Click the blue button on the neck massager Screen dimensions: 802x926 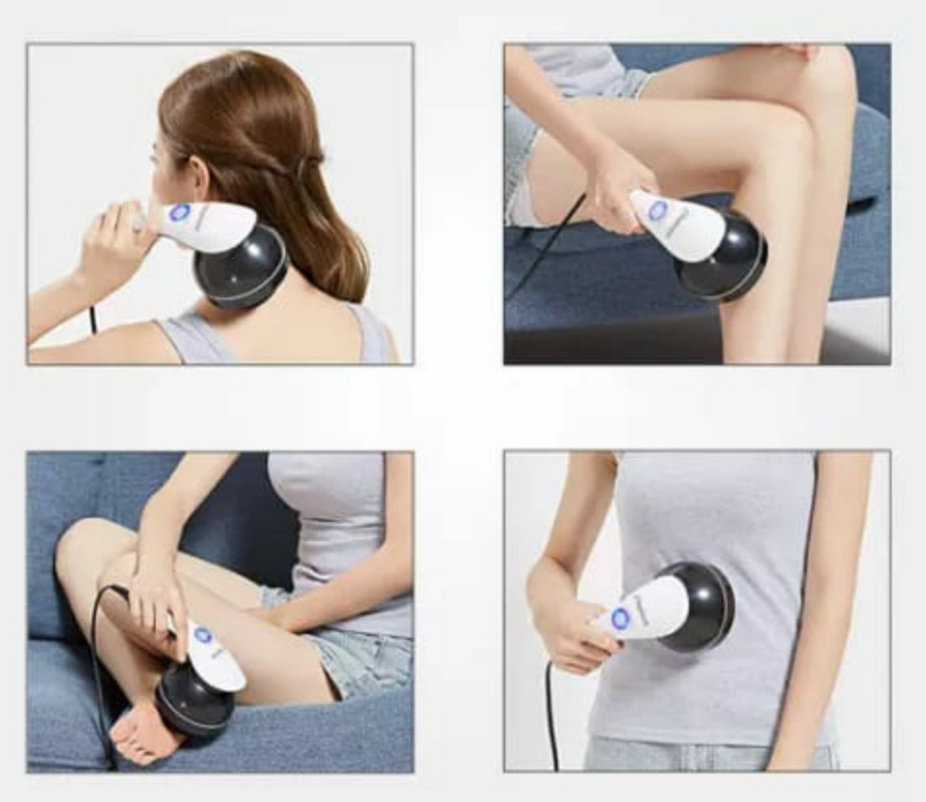coord(179,213)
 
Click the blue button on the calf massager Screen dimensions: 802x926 coord(658,210)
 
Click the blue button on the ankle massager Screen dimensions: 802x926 coord(202,634)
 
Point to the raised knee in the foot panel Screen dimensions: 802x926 coord(88,545)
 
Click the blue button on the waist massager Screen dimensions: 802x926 coord(620,618)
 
